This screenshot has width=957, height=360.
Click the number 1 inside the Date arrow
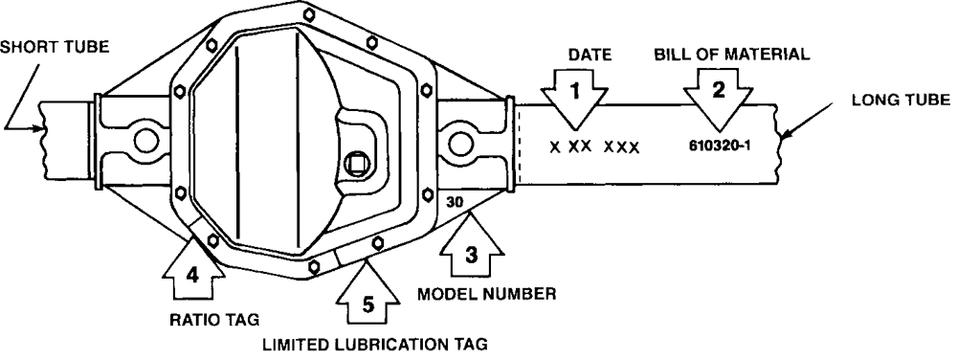point(574,92)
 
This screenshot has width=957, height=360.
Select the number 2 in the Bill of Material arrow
point(719,90)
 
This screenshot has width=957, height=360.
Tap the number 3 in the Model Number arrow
point(471,255)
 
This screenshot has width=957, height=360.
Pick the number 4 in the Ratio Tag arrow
point(192,277)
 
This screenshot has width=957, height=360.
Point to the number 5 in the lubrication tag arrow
point(367,304)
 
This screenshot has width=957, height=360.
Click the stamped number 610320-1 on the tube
point(719,146)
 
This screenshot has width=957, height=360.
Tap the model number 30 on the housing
point(454,203)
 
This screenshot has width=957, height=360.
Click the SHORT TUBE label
point(55,47)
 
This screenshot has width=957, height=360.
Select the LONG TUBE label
point(901,101)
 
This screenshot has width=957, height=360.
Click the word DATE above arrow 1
point(590,55)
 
